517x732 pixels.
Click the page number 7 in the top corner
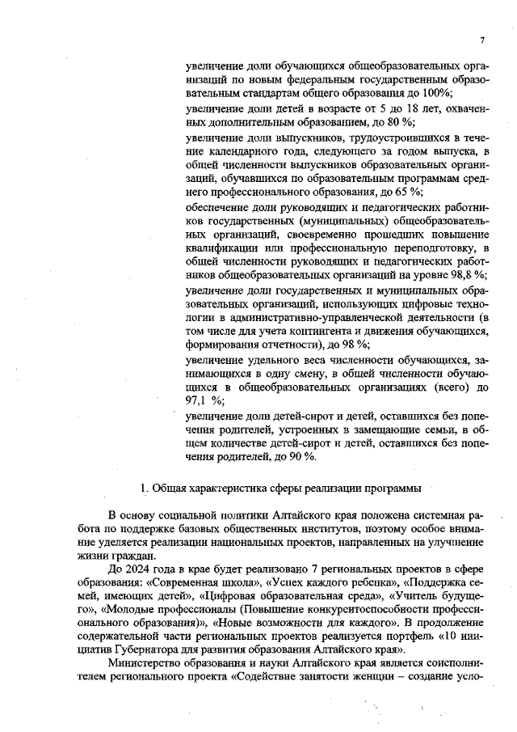(481, 40)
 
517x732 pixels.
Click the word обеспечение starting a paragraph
(216, 206)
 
